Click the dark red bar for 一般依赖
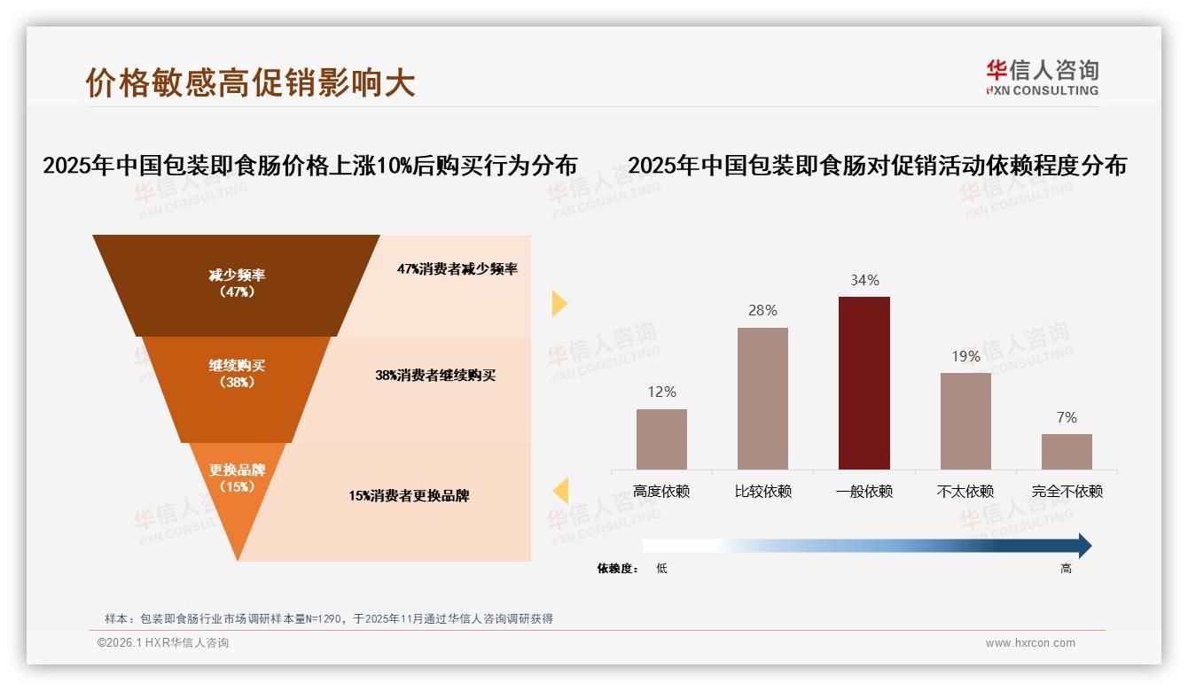tap(864, 383)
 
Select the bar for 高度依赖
tap(661, 439)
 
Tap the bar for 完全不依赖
tap(1067, 451)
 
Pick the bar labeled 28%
tap(762, 398)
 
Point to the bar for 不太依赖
tap(965, 421)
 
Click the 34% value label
tap(864, 280)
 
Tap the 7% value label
tap(1067, 417)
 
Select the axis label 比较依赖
tap(762, 491)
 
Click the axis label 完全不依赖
tap(1067, 491)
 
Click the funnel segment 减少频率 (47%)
tap(237, 283)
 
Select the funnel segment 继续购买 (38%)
tap(237, 381)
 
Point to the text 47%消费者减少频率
tap(457, 268)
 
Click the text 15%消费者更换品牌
tap(409, 495)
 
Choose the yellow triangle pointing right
tap(559, 303)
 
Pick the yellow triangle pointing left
tap(560, 490)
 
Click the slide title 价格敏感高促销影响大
tap(250, 82)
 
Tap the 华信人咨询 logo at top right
tap(1042, 77)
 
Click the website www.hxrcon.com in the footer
tap(1030, 643)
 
